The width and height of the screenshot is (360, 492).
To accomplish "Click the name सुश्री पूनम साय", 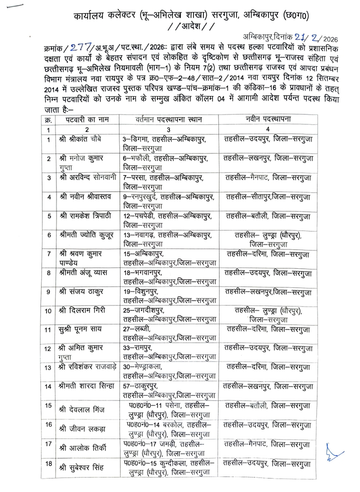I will click(80, 329).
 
